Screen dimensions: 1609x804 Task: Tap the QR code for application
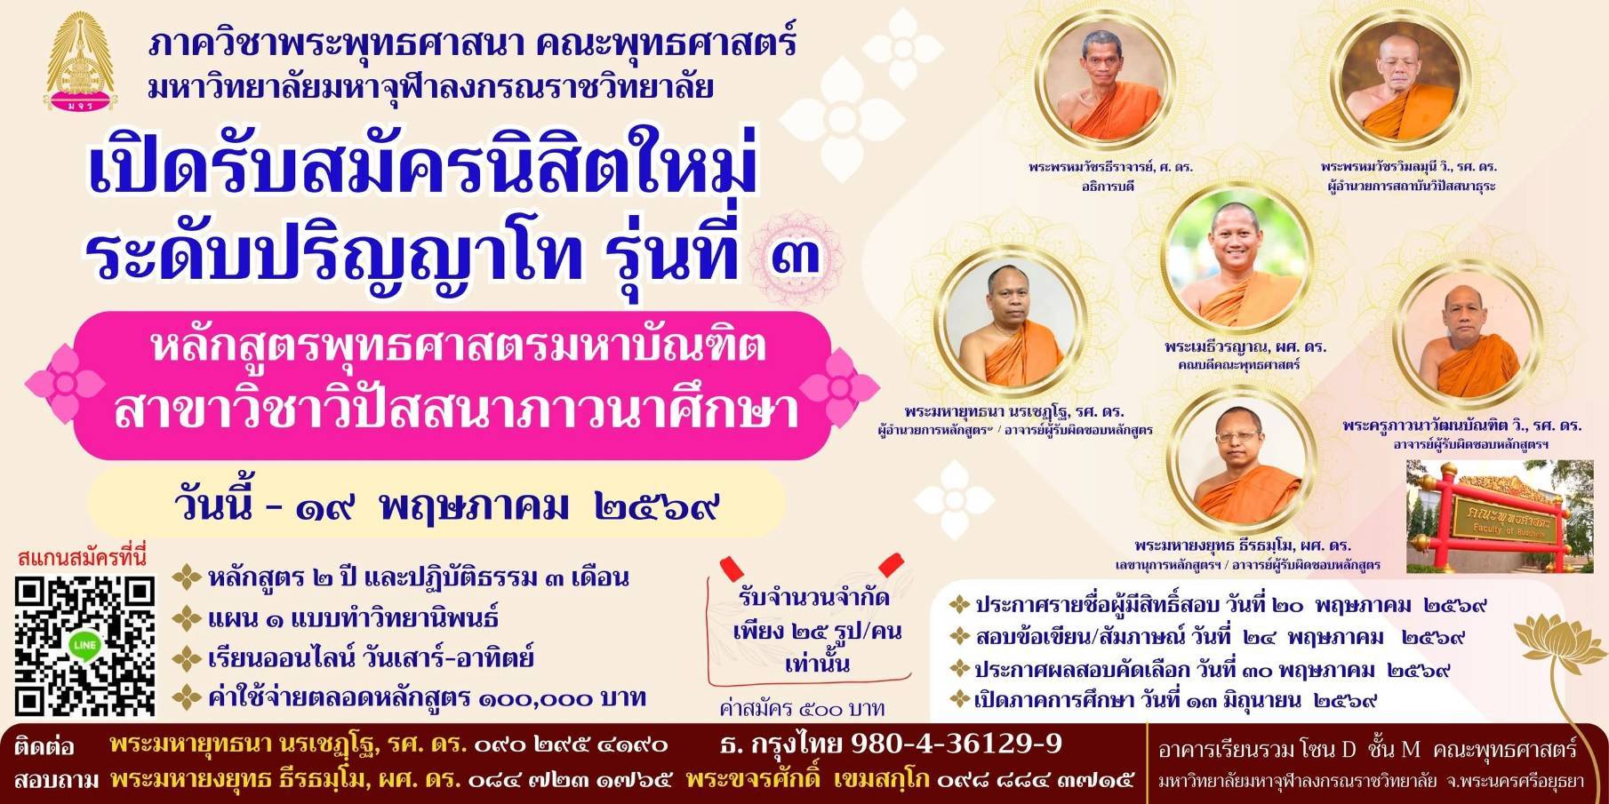84,646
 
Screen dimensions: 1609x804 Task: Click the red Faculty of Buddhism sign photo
1500,516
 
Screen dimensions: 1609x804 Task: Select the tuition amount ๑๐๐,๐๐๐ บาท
563,698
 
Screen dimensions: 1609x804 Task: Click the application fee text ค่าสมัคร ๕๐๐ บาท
803,708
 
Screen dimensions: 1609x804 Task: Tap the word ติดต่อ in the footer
44,744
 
